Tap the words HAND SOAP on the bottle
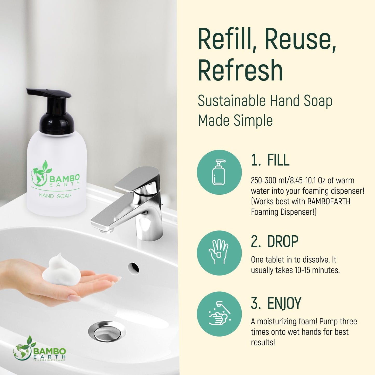click(55, 196)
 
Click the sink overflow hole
click(133, 267)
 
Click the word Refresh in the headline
click(240, 70)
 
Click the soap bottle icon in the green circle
click(219, 172)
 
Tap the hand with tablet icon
click(219, 253)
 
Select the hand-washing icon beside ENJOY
click(219, 314)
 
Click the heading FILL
click(278, 160)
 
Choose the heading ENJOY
click(284, 303)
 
